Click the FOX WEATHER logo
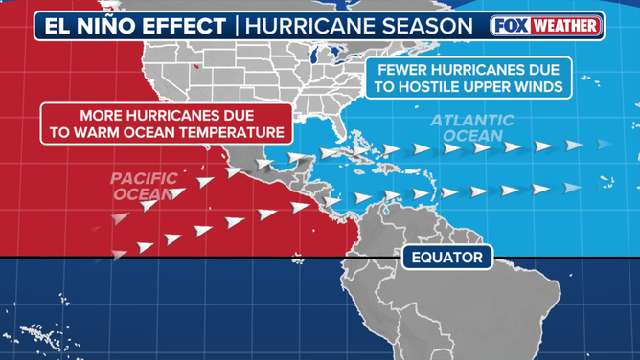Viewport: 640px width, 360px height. tap(545, 25)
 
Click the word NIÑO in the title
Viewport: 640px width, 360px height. tap(113, 25)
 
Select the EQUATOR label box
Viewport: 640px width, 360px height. tap(446, 257)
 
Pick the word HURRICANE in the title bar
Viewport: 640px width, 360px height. tap(308, 25)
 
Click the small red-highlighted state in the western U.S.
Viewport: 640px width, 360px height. tap(197, 67)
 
